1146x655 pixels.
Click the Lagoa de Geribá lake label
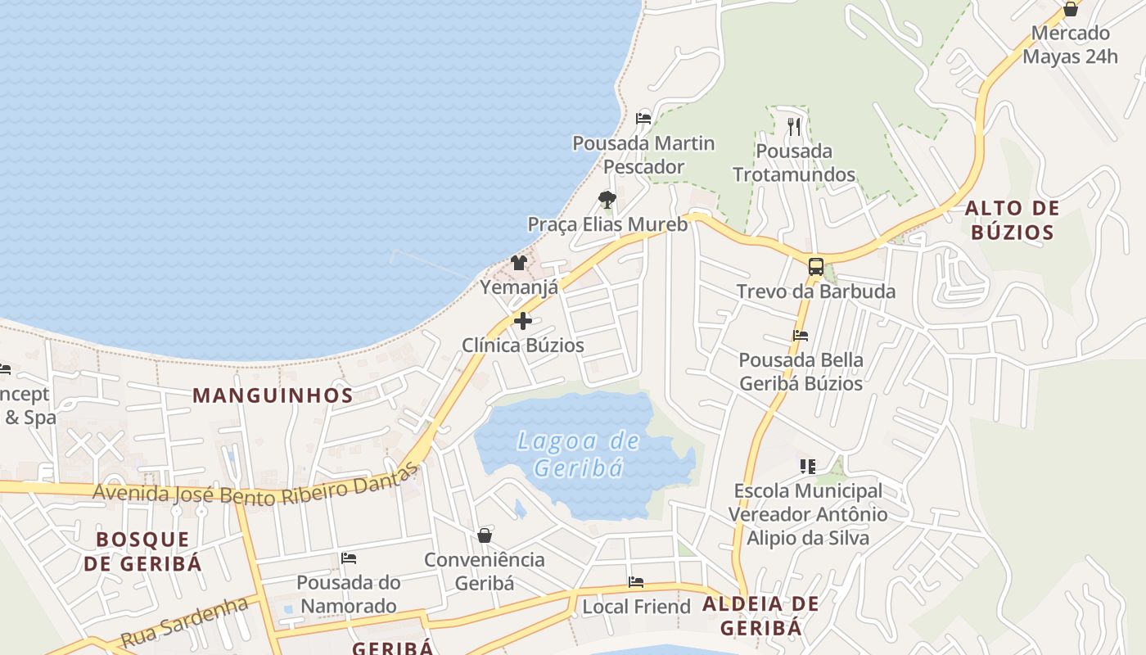pos(579,454)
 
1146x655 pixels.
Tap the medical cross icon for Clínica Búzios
pos(523,321)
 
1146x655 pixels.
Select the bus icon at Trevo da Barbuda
pos(816,266)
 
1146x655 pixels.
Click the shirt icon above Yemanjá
pos(519,263)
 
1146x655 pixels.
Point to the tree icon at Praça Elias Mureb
pos(607,199)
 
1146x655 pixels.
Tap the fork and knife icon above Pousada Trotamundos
pos(793,126)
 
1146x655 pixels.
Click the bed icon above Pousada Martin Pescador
pos(643,119)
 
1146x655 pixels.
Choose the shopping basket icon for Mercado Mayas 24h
pos(1070,9)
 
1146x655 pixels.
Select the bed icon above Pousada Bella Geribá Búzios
pos(801,336)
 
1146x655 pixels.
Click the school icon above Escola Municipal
pos(808,467)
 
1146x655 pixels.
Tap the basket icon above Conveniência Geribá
pos(485,535)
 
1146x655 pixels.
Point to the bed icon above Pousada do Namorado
pos(349,558)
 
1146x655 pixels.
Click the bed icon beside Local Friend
pos(636,582)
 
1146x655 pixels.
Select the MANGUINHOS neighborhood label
pos(273,395)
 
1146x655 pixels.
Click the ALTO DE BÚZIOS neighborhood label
pos(1013,220)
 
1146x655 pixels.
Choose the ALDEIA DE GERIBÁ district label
pos(760,616)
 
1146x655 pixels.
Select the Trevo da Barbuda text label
pos(816,291)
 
